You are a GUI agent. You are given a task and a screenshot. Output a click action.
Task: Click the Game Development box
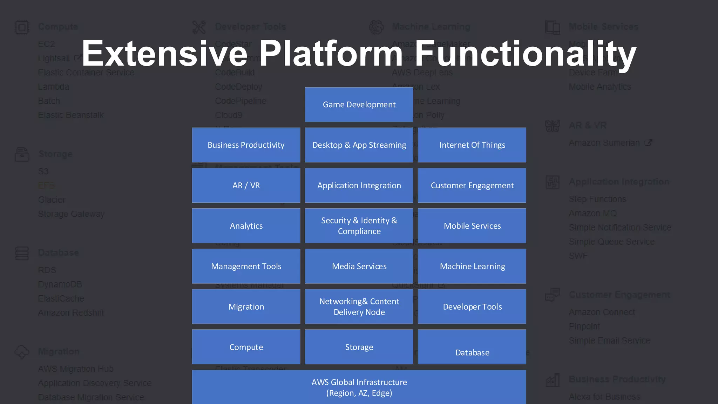359,105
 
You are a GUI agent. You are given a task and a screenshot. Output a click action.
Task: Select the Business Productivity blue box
246,145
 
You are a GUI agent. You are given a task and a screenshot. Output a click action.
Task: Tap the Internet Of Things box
472,145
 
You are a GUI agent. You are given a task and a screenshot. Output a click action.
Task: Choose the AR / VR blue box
246,185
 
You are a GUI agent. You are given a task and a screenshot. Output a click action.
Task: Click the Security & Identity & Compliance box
359,225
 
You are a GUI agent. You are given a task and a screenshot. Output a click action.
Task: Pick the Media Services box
359,266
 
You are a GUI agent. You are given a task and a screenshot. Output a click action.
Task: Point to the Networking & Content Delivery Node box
359,307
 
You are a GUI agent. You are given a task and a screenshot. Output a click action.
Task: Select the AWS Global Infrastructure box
359,387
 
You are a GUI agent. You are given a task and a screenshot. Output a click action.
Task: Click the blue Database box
472,347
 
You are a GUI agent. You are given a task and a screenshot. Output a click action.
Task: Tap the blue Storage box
359,347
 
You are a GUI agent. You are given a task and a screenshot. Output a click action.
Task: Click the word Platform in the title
331,53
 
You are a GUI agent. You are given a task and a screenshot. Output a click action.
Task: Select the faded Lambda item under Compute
54,87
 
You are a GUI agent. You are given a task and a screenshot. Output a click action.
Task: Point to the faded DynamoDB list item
60,284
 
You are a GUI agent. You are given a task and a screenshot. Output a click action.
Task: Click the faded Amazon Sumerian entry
604,143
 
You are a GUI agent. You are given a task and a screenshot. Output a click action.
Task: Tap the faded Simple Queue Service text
612,242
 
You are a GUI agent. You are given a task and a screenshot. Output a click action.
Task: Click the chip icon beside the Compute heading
22,27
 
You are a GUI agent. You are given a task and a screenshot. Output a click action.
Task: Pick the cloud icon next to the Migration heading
22,352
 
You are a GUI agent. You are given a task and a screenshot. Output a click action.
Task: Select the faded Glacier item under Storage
52,200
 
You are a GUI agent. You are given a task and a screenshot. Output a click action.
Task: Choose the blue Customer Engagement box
472,185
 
